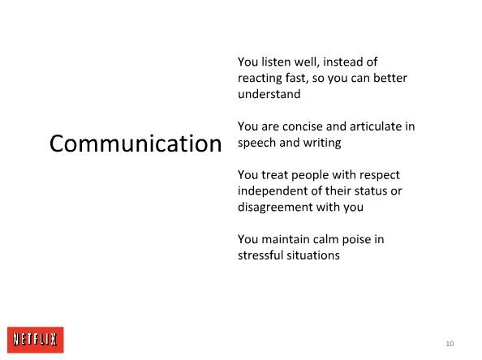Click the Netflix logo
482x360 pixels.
tap(36, 340)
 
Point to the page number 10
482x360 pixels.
tap(450, 344)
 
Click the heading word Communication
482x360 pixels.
tap(136, 144)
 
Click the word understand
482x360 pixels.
tap(269, 94)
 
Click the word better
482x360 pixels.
tap(390, 78)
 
